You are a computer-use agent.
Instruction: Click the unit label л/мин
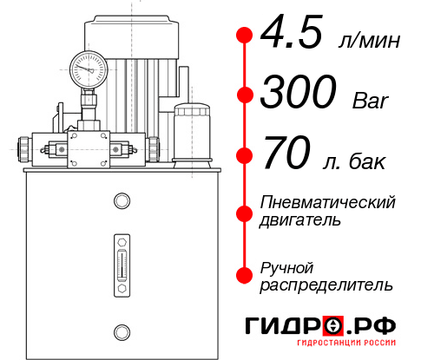(368, 42)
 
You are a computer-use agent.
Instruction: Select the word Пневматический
(328, 202)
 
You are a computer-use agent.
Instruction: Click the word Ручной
(287, 266)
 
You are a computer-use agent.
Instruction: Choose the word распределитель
(326, 285)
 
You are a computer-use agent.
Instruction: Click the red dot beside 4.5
(245, 36)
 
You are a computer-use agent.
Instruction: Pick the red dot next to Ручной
(245, 275)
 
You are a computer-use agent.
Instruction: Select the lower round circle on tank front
(122, 331)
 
